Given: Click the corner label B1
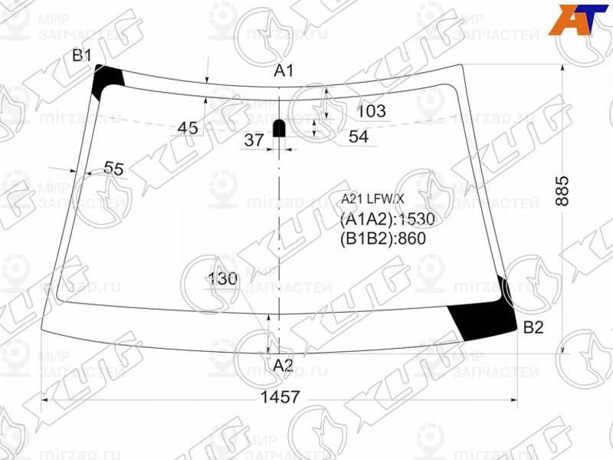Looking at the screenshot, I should click(82, 55).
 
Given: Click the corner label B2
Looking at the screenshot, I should click(533, 328).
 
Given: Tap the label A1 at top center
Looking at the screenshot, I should click(284, 71).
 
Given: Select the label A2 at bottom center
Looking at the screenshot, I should click(284, 365).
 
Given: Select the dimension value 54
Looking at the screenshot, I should click(358, 137).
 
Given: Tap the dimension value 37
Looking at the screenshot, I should click(254, 140).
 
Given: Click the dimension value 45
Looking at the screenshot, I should click(188, 128).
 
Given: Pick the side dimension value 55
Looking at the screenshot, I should click(113, 169).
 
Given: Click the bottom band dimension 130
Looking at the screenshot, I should click(222, 280).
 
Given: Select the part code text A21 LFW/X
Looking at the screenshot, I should click(372, 199).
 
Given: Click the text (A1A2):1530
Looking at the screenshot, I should click(387, 220).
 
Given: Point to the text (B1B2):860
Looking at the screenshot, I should click(382, 238).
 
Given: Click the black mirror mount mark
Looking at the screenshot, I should click(280, 127).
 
